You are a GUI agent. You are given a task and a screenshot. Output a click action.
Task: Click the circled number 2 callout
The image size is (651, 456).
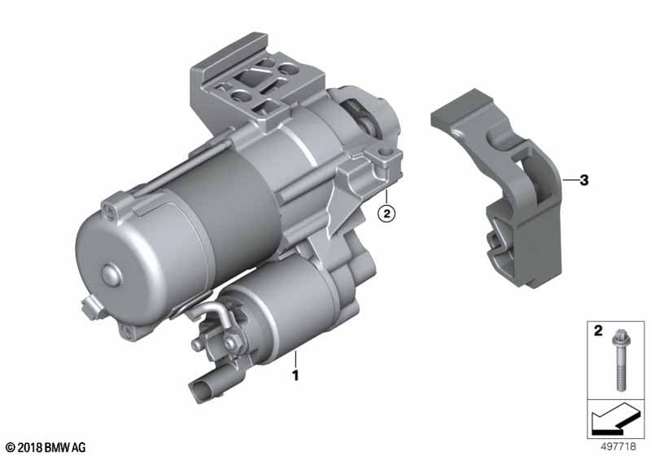coord(387,214)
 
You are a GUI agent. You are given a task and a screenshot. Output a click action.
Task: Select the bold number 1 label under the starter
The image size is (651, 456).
coord(295,376)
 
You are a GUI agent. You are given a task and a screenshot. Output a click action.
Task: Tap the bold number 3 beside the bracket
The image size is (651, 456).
coord(584,180)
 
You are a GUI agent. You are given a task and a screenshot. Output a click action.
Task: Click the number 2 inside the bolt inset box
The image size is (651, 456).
coord(598,331)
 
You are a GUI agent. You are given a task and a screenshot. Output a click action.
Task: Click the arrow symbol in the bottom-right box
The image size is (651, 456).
coord(614,419)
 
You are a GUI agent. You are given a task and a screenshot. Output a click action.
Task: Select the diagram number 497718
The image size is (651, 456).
coord(618,446)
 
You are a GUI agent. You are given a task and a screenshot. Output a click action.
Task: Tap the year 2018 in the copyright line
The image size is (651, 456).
coord(30,448)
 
